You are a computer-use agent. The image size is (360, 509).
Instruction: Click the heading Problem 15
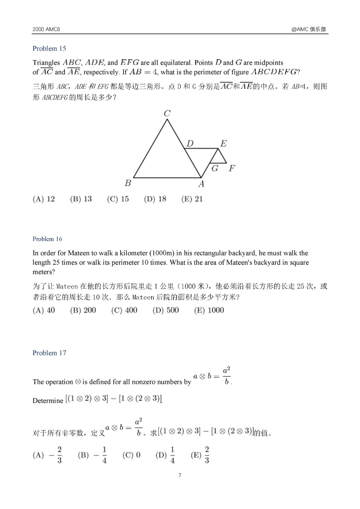pos(49,48)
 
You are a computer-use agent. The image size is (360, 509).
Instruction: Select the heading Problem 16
pos(47,239)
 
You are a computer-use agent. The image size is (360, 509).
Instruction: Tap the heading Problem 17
pos(49,353)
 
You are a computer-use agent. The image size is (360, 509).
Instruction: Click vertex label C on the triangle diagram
pos(167,113)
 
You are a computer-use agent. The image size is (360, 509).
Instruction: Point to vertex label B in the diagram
pos(128,183)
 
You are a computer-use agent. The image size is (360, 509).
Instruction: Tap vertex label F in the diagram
pos(232,168)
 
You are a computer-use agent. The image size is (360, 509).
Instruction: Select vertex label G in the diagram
pos(215,168)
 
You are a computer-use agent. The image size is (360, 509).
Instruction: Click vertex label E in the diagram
pos(223,143)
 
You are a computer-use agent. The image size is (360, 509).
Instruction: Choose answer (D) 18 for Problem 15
pos(155,199)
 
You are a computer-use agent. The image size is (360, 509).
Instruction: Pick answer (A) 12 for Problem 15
pos(44,199)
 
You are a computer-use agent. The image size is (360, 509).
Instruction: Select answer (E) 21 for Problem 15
pos(192,199)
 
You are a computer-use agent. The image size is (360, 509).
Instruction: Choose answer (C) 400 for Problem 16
pos(124,310)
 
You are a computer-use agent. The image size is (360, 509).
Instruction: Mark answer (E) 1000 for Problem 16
pos(209,310)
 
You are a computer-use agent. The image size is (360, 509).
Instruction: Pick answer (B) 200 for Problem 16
pos(83,310)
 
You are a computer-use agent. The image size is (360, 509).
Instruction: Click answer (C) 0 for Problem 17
pos(131,455)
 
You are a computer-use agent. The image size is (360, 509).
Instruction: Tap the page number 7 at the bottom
pos(180,475)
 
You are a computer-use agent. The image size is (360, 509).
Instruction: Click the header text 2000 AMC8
pos(46,29)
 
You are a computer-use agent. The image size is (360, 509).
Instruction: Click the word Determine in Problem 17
pos(48,401)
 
